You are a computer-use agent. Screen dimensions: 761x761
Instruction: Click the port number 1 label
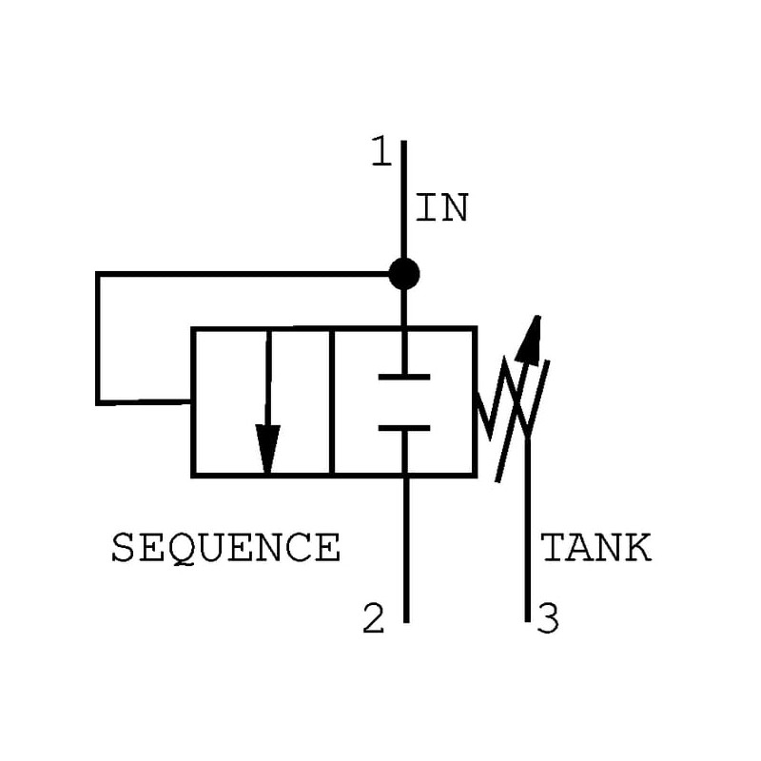(x=380, y=152)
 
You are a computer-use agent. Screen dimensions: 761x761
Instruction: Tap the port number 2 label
(x=374, y=619)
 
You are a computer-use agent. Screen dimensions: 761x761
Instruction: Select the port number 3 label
(x=548, y=619)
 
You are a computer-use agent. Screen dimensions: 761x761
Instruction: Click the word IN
(x=442, y=209)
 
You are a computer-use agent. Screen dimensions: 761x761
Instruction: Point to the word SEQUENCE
(x=225, y=548)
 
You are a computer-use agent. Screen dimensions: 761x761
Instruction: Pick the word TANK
(x=596, y=549)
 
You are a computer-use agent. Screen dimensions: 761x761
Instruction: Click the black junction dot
(x=404, y=274)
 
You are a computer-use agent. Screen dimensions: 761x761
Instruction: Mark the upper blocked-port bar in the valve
(x=404, y=378)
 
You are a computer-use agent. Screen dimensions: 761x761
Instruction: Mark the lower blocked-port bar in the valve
(x=404, y=428)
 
